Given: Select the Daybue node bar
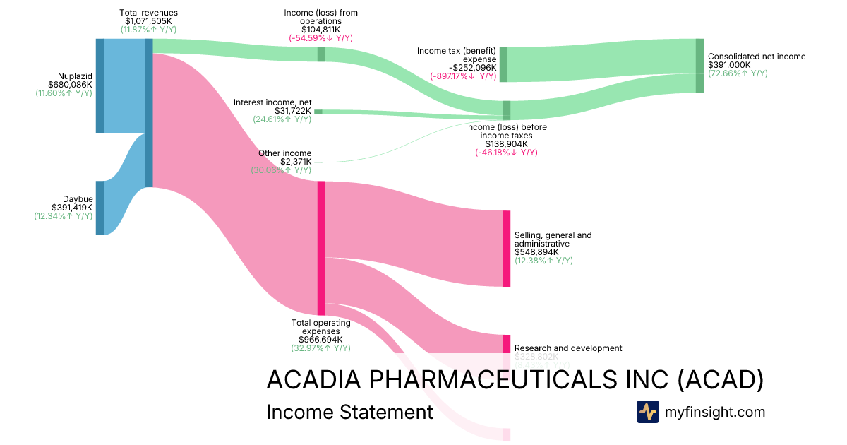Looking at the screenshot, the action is (100, 208).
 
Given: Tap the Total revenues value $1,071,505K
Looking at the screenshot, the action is (149, 21).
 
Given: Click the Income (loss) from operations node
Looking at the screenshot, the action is (321, 54).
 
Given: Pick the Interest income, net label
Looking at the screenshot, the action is (272, 102).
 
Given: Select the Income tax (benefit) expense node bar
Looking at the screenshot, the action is (503, 65).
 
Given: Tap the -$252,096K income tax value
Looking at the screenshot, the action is (467, 68).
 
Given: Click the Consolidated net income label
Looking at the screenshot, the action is (756, 57).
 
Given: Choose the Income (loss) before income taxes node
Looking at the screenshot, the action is (506, 109).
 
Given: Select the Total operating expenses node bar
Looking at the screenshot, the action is (321, 248).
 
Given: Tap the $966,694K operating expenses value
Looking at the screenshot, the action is (320, 339).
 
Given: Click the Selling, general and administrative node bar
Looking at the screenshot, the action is (506, 249).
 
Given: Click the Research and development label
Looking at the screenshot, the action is (568, 348).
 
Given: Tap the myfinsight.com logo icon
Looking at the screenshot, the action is (648, 412).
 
